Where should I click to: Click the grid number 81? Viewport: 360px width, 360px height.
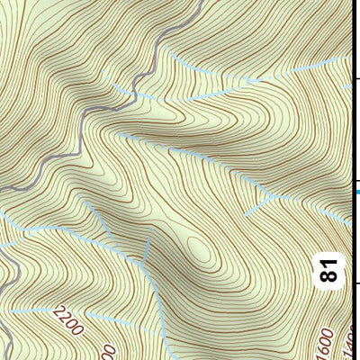(x=330, y=268)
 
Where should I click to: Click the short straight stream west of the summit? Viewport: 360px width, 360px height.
(x=148, y=248)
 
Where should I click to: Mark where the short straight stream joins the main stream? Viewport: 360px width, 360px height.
(x=142, y=266)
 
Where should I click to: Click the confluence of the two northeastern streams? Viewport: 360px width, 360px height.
(x=255, y=81)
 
